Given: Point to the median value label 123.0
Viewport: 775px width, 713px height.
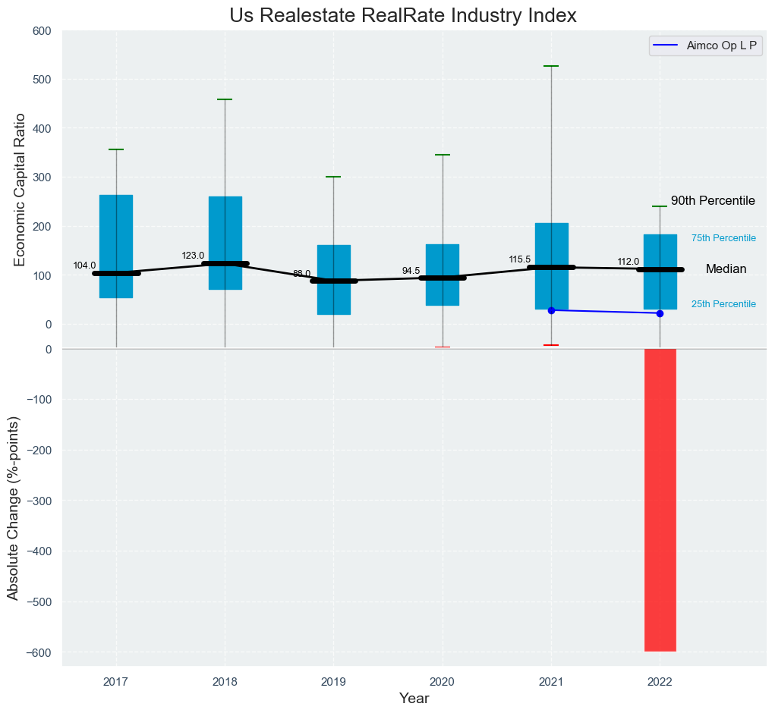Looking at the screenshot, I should point(194,256).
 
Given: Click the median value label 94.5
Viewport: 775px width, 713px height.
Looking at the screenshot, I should point(411,271).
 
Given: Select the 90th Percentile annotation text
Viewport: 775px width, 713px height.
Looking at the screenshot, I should point(713,201).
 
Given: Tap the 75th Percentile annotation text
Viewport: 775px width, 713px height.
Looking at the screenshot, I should point(723,238).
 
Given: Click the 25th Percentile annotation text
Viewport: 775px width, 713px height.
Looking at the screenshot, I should point(723,304).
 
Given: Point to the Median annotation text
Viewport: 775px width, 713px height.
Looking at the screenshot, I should point(726,269).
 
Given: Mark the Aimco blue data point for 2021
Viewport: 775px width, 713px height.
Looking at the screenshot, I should point(551,310).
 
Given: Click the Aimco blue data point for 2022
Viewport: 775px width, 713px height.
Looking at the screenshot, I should point(660,313).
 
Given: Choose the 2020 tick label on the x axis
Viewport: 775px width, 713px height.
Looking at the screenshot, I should point(443,682).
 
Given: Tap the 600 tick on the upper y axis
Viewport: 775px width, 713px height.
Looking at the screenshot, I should point(42,31).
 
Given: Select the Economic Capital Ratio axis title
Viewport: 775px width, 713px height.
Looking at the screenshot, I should point(20,190).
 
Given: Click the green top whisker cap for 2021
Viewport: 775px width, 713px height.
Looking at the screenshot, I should point(551,67).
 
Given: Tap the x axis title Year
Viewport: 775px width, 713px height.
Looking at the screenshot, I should point(414,699).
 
